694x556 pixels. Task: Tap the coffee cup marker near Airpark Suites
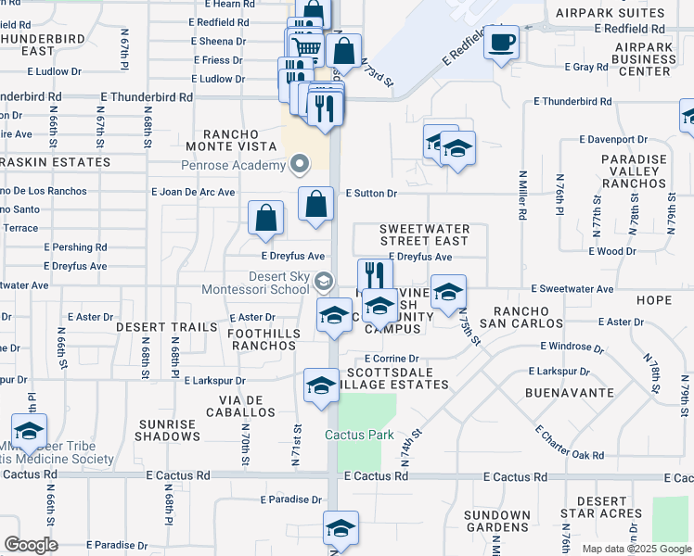(501, 43)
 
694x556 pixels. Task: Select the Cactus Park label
(359, 435)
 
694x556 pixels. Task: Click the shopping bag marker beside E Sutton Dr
(315, 203)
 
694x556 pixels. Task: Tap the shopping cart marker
(305, 46)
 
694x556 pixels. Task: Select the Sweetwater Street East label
(425, 234)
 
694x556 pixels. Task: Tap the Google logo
(31, 544)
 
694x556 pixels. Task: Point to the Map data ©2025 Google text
(636, 549)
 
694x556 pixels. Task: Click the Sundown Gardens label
(496, 521)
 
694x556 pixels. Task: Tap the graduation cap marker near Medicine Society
(29, 431)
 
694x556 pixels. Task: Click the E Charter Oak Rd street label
(570, 444)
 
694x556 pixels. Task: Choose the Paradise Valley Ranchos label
(634, 171)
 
